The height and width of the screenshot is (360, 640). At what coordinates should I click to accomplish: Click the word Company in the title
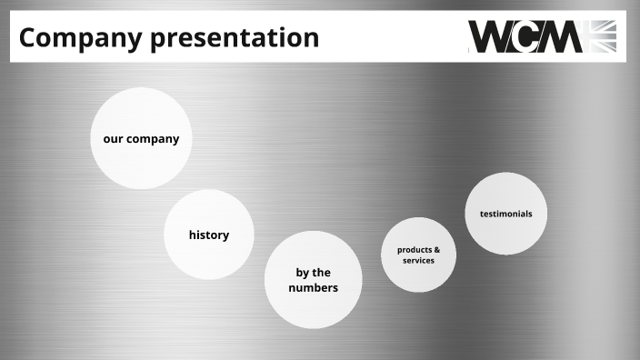tap(76, 38)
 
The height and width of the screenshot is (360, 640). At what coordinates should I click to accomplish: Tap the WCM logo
tap(542, 36)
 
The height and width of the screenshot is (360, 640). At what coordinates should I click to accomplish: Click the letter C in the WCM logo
tap(529, 36)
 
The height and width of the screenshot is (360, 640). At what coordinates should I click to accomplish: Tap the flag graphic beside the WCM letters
tap(602, 36)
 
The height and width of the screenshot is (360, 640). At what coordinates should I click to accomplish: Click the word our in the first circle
tap(113, 139)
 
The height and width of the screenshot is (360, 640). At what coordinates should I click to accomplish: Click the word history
tap(209, 235)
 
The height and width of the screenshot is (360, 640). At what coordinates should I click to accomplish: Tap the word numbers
tap(313, 287)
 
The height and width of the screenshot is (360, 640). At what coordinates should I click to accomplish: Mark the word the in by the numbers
tap(322, 272)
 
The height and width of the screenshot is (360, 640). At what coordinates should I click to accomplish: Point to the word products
tap(414, 249)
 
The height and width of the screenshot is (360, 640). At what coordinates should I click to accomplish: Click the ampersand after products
tap(437, 249)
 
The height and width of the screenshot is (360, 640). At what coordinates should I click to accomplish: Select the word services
tap(419, 260)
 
